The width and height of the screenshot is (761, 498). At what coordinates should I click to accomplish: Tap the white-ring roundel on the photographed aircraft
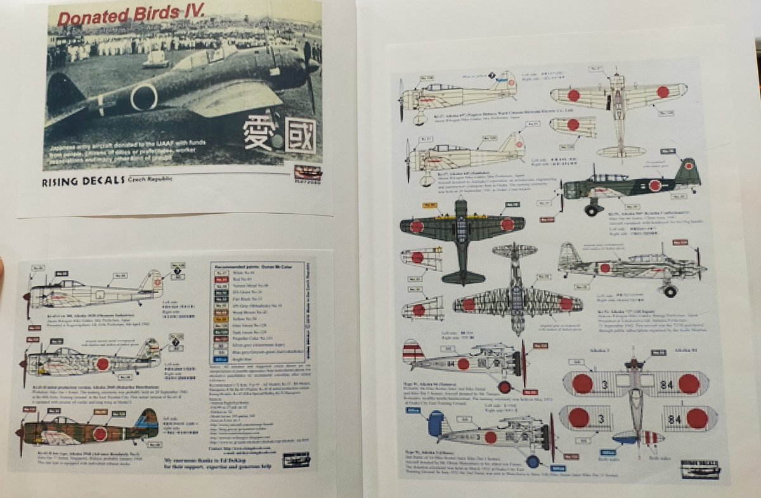coord(144,98)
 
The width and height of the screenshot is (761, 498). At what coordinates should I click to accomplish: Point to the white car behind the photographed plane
coord(156,58)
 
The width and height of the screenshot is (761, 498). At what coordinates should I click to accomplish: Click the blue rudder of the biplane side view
coord(439,423)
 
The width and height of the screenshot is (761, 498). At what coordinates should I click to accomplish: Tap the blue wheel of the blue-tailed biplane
coord(533,461)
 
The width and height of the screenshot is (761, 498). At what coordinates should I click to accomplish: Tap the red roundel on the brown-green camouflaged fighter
coord(100,434)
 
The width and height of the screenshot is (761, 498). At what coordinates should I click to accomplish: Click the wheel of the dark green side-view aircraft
coord(590,210)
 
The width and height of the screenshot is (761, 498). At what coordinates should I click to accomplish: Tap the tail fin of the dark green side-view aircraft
coord(687,171)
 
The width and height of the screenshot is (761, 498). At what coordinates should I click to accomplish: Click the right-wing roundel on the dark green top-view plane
coord(507,224)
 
